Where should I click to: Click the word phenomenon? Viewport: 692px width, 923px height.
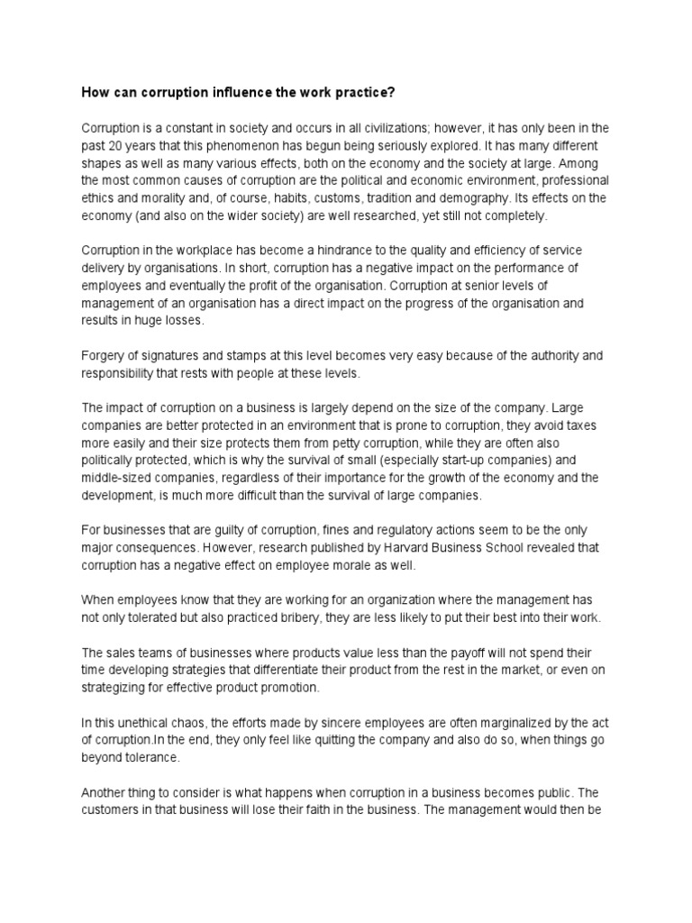pyautogui.click(x=227, y=145)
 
